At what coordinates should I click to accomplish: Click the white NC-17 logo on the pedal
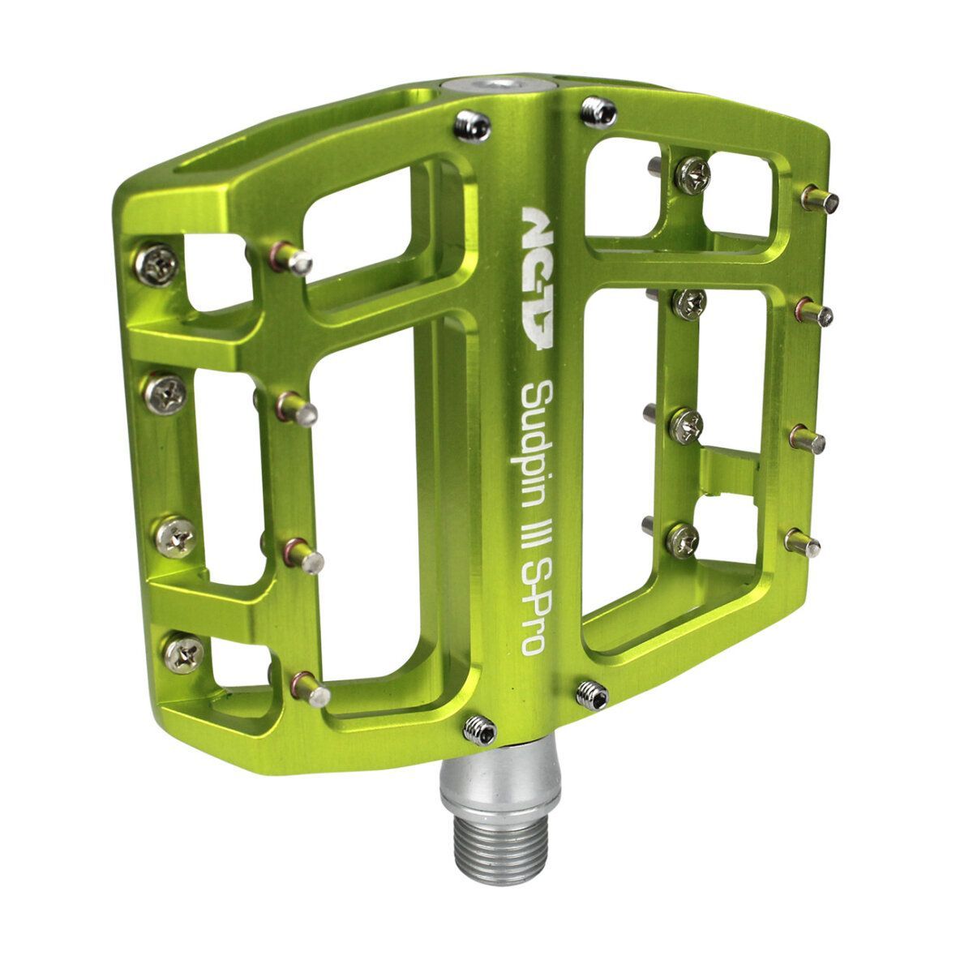pyautogui.click(x=538, y=278)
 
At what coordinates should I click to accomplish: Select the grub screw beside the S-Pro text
pyautogui.click(x=593, y=695)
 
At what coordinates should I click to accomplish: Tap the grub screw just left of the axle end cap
pyautogui.click(x=472, y=127)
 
